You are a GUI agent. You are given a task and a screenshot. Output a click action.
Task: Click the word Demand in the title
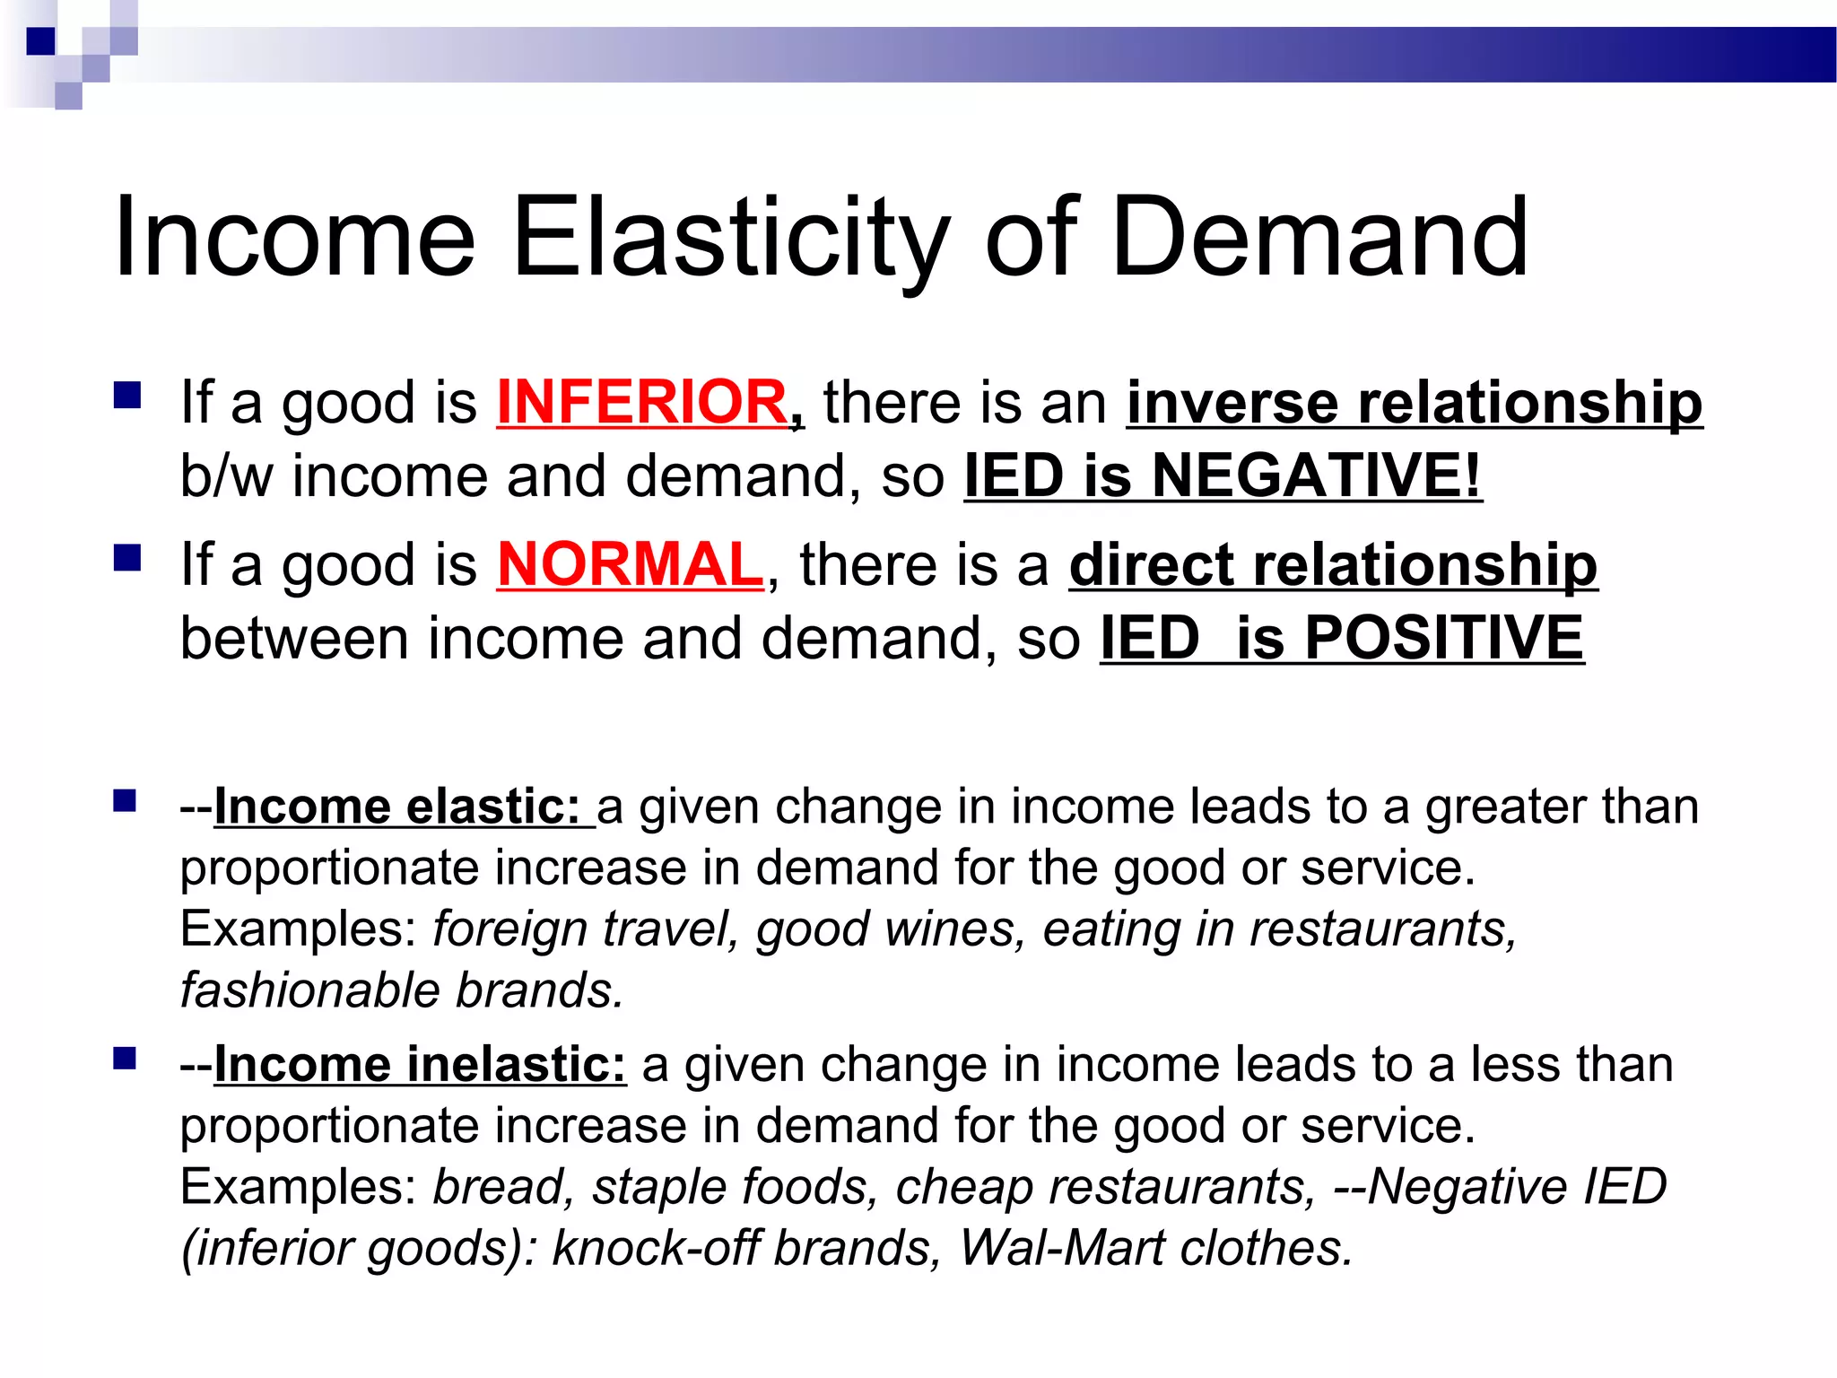point(1319,239)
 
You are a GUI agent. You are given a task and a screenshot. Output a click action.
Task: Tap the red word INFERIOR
point(642,402)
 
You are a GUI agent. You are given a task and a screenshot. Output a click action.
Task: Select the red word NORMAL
point(630,565)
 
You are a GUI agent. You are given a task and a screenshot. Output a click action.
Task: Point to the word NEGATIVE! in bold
point(1317,475)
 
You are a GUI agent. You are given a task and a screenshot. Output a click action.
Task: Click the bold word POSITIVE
point(1444,638)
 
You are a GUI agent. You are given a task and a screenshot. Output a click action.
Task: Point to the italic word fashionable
point(310,990)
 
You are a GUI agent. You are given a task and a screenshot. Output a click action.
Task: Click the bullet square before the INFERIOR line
point(128,396)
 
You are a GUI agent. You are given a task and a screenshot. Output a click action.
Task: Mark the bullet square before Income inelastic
point(125,1059)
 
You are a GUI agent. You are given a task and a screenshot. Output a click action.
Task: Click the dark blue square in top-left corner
point(40,41)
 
